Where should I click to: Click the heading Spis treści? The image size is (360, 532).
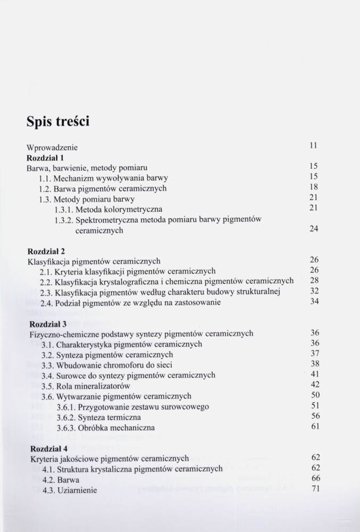tap(58, 122)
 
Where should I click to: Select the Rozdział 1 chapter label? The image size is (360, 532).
tap(45, 157)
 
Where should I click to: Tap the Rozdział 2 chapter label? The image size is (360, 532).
tap(46, 251)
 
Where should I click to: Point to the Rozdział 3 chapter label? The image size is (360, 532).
tap(48, 323)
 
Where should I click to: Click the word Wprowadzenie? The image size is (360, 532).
tap(52, 147)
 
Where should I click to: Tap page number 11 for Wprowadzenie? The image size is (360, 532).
tap(313, 145)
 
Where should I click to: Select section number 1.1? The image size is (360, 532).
tap(45, 178)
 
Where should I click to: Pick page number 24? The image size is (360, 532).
tap(314, 229)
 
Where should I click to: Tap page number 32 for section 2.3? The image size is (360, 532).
tap(314, 291)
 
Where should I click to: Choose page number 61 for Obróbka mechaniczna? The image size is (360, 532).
tap(315, 426)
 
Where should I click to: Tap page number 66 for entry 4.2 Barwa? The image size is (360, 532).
tap(315, 478)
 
